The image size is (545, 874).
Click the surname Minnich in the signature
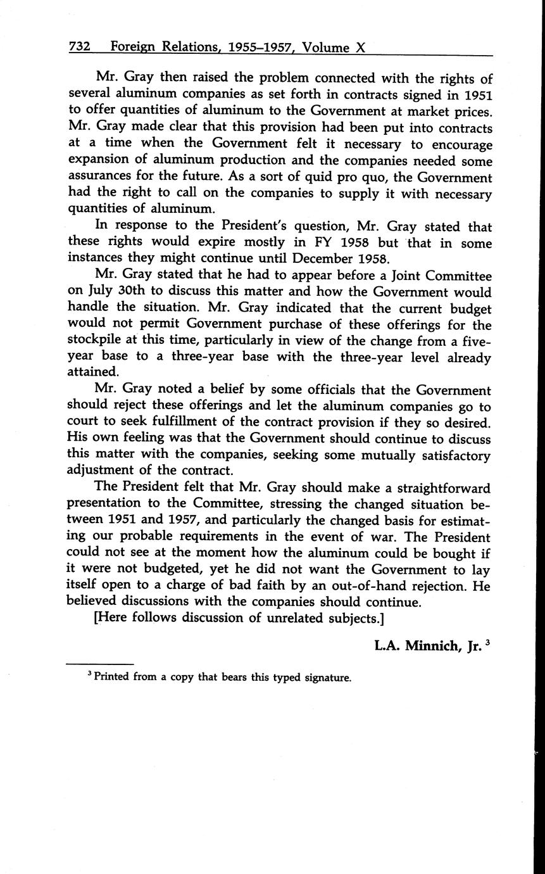point(432,647)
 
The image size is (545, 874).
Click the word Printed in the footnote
point(111,677)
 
